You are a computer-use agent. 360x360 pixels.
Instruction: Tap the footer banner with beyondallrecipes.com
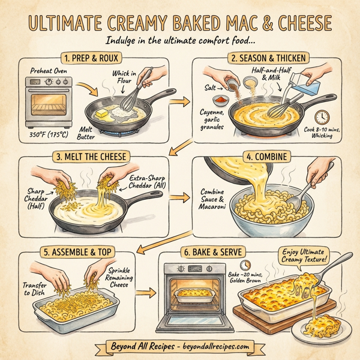click(x=179, y=347)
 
